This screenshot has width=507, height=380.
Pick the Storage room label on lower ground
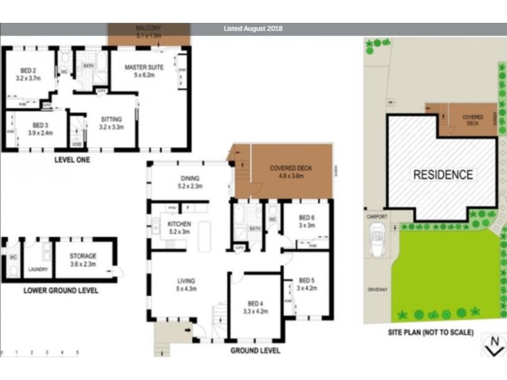(x=83, y=256)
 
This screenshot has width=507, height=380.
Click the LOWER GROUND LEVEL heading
(x=60, y=291)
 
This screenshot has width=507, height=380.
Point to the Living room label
(x=186, y=281)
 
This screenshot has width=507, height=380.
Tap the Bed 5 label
(x=307, y=281)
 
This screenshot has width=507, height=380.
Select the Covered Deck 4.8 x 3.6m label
(x=287, y=172)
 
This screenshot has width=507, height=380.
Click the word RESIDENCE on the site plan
(x=443, y=175)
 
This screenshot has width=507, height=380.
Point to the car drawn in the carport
(x=377, y=243)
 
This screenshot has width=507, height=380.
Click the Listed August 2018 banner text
(x=253, y=28)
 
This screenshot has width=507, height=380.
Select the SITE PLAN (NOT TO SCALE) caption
(x=431, y=331)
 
